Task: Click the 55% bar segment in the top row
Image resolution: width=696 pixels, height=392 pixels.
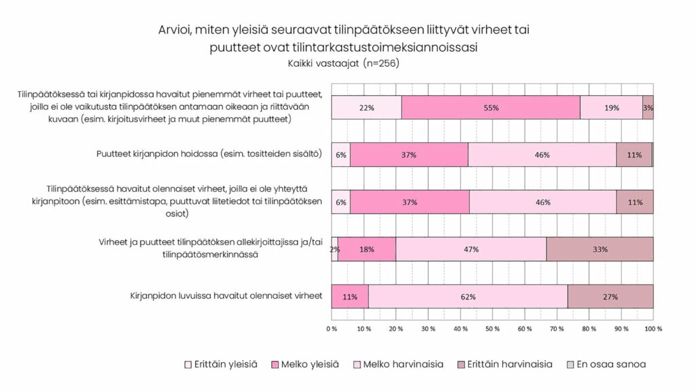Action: (491, 108)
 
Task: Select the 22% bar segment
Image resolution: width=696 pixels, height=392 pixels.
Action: (366, 108)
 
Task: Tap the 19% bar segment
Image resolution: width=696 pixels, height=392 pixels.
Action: (611, 108)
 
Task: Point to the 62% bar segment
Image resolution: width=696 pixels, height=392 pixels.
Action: (468, 297)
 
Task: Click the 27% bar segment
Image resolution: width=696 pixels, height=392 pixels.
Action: (610, 297)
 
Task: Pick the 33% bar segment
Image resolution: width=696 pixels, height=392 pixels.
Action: (599, 249)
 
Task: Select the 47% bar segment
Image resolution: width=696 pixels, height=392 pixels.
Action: (471, 249)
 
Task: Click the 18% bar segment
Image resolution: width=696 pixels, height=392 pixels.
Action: (366, 249)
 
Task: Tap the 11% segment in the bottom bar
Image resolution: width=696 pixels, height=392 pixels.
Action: (349, 297)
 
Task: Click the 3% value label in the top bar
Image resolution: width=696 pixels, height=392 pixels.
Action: (648, 108)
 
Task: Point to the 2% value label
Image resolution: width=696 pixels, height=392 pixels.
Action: (335, 249)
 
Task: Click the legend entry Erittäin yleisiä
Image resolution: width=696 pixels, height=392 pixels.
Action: (221, 364)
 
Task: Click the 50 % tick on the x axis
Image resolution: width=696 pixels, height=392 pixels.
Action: (493, 329)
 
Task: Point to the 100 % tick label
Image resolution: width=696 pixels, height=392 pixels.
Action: (653, 329)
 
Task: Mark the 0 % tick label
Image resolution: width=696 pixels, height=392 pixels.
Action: (332, 329)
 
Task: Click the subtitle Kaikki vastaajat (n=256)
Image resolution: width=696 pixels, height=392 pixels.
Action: (343, 64)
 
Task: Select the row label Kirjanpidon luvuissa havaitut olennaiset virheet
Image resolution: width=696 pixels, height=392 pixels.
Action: (226, 297)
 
